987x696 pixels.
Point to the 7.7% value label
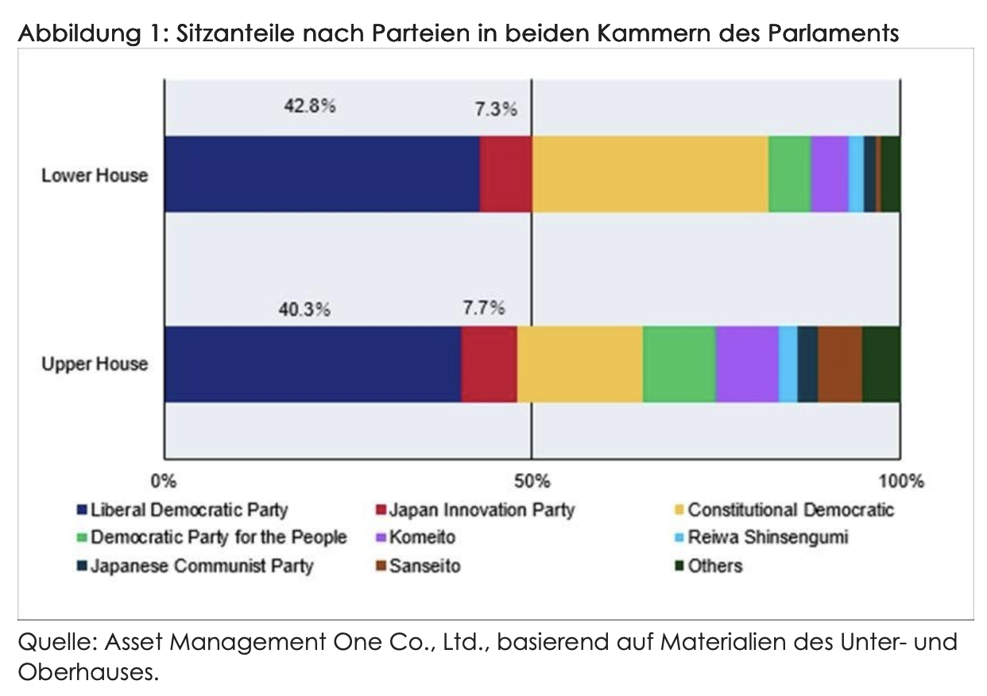[x=483, y=308]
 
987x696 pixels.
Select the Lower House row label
[x=95, y=175]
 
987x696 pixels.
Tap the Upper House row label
[x=95, y=364]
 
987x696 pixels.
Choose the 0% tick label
[x=164, y=481]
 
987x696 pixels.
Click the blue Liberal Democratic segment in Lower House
[x=322, y=174]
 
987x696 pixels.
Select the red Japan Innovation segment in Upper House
[x=489, y=364]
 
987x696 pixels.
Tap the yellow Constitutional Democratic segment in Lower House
[x=650, y=174]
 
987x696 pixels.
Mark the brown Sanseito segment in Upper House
[x=840, y=364]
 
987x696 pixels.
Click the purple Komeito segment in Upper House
[x=747, y=364]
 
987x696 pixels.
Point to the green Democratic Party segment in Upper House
[x=679, y=364]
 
